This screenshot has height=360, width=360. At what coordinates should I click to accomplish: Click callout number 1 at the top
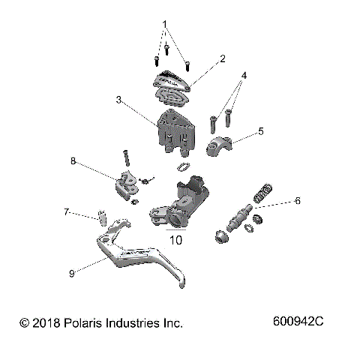[164, 24]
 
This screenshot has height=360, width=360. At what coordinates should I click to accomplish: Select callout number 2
[222, 58]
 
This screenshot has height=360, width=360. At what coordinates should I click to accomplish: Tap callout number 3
[119, 99]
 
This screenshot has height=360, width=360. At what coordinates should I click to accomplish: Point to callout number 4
[244, 76]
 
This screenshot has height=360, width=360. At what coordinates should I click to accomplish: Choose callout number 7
[66, 212]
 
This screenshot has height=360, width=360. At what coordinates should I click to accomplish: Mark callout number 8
[73, 160]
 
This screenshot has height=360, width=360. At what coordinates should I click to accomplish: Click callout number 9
[71, 274]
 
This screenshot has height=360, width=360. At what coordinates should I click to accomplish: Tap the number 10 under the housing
[176, 241]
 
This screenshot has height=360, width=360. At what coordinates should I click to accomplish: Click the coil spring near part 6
[262, 193]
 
